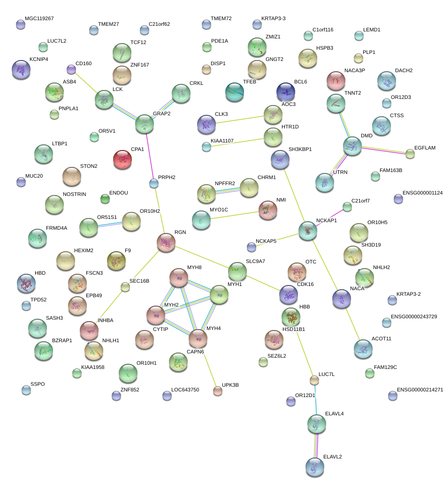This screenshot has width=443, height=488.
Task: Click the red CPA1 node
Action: tap(122, 159)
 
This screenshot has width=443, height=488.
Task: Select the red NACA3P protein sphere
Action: tap(336, 81)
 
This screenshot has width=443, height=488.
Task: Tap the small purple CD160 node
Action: tap(71, 69)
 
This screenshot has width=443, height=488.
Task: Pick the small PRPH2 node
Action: tap(154, 183)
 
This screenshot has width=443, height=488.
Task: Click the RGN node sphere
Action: tap(166, 242)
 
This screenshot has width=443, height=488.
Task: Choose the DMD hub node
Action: tap(352, 146)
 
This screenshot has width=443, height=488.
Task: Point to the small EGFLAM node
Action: tap(410, 153)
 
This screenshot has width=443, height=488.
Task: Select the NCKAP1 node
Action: tap(308, 231)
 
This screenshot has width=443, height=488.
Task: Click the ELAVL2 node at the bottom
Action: tap(314, 467)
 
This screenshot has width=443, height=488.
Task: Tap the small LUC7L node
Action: tap(314, 380)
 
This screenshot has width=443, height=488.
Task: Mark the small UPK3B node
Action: tap(217, 390)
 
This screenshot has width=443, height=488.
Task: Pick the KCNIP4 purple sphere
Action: tap(21, 69)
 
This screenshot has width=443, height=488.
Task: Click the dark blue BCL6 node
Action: tap(285, 91)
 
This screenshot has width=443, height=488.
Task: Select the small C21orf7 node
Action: tap(347, 206)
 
